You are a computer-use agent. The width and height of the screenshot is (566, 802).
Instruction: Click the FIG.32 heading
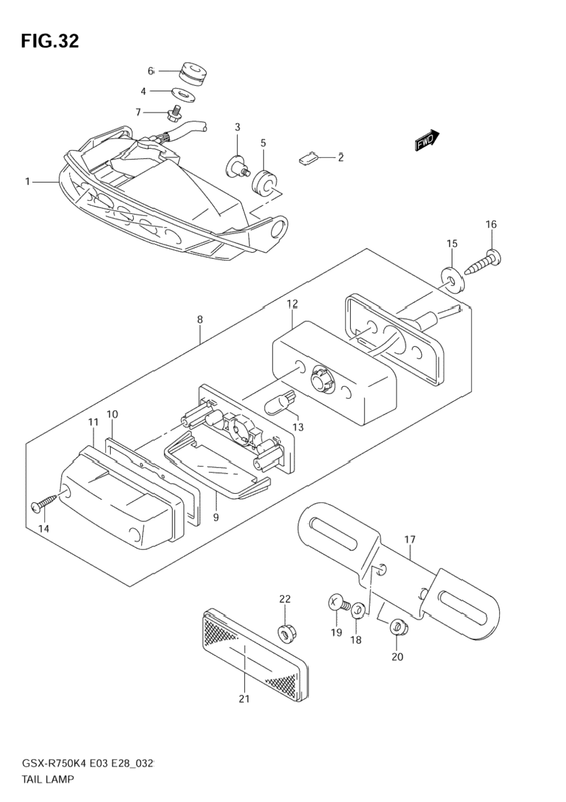point(50,42)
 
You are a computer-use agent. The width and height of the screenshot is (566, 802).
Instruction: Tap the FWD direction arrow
point(427,140)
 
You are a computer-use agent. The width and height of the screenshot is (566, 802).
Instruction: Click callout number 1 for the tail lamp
point(27,182)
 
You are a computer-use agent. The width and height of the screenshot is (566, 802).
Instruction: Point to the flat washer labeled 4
point(183,94)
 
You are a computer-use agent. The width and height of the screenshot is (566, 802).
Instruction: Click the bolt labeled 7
point(175,112)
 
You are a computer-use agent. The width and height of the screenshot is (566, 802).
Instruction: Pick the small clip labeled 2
point(308,158)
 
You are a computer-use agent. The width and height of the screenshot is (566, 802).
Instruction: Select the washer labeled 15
point(453,279)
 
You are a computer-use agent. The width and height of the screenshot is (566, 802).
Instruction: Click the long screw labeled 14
point(44,502)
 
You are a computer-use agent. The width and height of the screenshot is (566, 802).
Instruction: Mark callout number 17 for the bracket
point(410,549)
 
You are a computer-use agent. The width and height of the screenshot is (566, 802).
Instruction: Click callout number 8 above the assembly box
point(200,319)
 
